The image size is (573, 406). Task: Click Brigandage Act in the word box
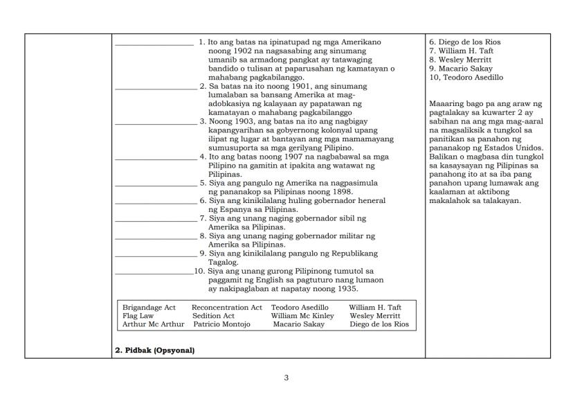[149, 307]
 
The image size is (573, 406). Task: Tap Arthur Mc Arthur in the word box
[153, 324]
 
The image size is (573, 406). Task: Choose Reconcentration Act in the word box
[226, 307]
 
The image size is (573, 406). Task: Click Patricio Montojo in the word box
[221, 324]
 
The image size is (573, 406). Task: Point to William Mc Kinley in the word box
[302, 315]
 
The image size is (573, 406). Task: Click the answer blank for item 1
[154, 44]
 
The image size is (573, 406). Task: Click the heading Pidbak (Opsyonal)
[154, 350]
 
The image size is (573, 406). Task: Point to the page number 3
[286, 378]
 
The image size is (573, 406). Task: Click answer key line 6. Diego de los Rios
[465, 42]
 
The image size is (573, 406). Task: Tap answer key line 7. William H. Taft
[461, 51]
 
